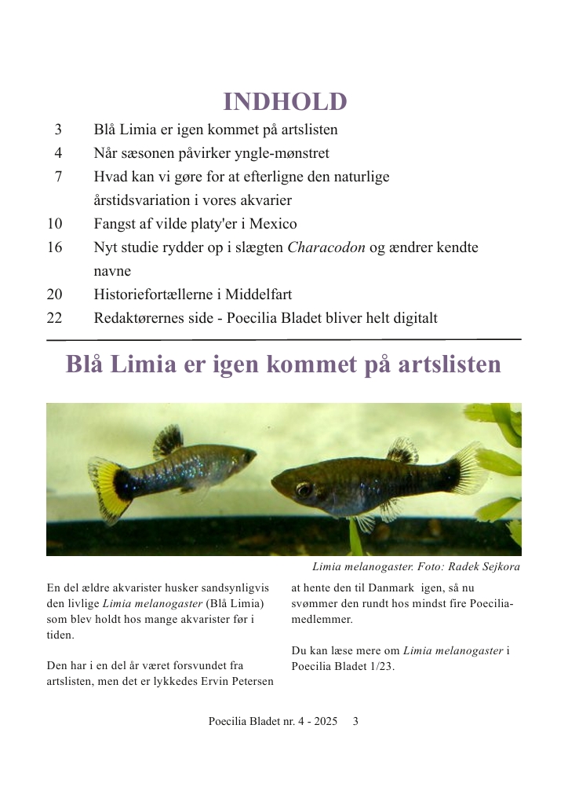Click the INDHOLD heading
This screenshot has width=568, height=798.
coord(285,102)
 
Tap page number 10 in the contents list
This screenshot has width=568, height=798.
coord(55,224)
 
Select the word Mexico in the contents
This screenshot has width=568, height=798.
coord(274,224)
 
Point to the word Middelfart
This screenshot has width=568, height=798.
coord(257,295)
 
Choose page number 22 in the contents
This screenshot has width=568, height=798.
coord(55,318)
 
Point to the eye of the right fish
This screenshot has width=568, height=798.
coord(304,490)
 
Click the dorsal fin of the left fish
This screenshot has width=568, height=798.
coord(168,441)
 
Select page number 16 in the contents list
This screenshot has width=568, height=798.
coord(55,247)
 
